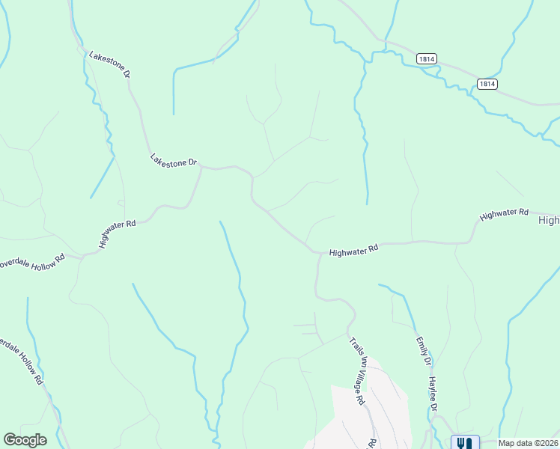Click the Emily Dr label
tap(424, 351)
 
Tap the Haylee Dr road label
tap(433, 393)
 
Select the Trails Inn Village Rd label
tap(357, 371)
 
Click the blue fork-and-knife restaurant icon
tap(463, 442)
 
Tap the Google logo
tap(25, 440)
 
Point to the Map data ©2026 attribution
tap(527, 443)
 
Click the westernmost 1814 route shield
tap(427, 59)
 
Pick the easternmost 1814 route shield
tap(487, 84)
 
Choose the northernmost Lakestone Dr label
tap(109, 65)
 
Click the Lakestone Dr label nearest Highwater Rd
tap(173, 161)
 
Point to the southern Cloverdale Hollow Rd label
tap(22, 359)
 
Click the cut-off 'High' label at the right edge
tap(548, 220)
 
